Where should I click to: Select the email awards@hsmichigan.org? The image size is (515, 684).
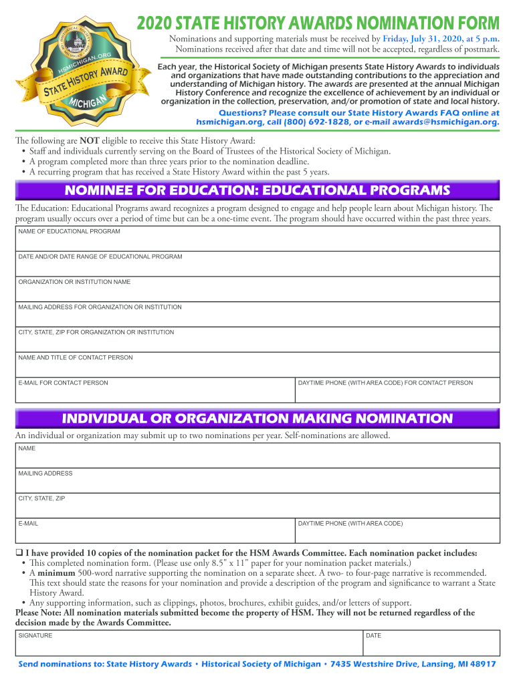click(445, 122)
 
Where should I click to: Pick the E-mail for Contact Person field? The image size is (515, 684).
click(154, 392)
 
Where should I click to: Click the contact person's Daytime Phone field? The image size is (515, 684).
click(397, 392)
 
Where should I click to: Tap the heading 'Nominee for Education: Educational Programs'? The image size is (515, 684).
click(257, 190)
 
